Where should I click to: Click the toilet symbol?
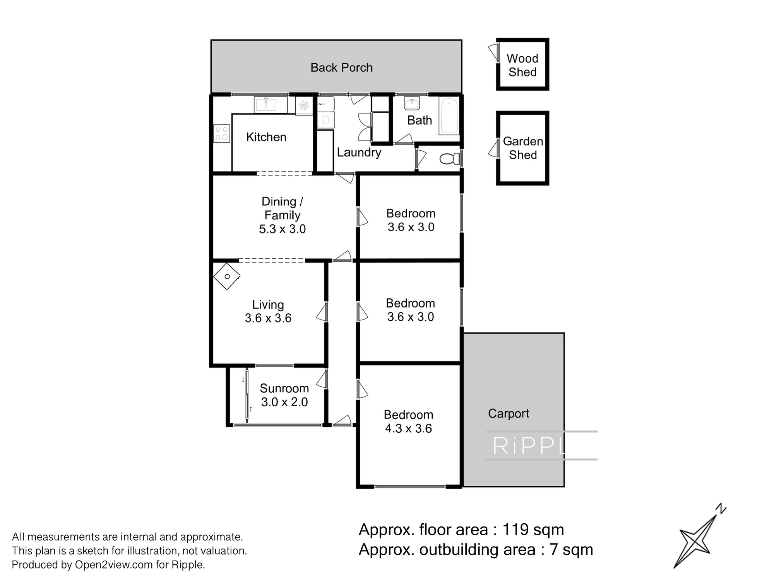tap(450, 159)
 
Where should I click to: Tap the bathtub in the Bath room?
tap(449, 116)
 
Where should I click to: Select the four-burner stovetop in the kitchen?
tap(222, 133)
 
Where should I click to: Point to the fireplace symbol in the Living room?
tap(227, 276)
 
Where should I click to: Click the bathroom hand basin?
tap(412, 103)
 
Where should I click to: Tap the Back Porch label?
tap(341, 68)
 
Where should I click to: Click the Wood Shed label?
tap(522, 65)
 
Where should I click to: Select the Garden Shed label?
tap(523, 148)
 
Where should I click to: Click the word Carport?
tap(509, 414)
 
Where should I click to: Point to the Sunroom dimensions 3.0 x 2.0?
tap(284, 402)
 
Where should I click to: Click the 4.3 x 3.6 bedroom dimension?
tap(408, 428)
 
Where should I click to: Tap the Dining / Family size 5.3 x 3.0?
tap(282, 229)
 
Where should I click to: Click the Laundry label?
tap(359, 153)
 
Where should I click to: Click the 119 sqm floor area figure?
tap(533, 529)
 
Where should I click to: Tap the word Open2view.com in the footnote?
tap(114, 565)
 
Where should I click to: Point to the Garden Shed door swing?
tap(493, 149)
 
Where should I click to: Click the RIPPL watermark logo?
tap(541, 445)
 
